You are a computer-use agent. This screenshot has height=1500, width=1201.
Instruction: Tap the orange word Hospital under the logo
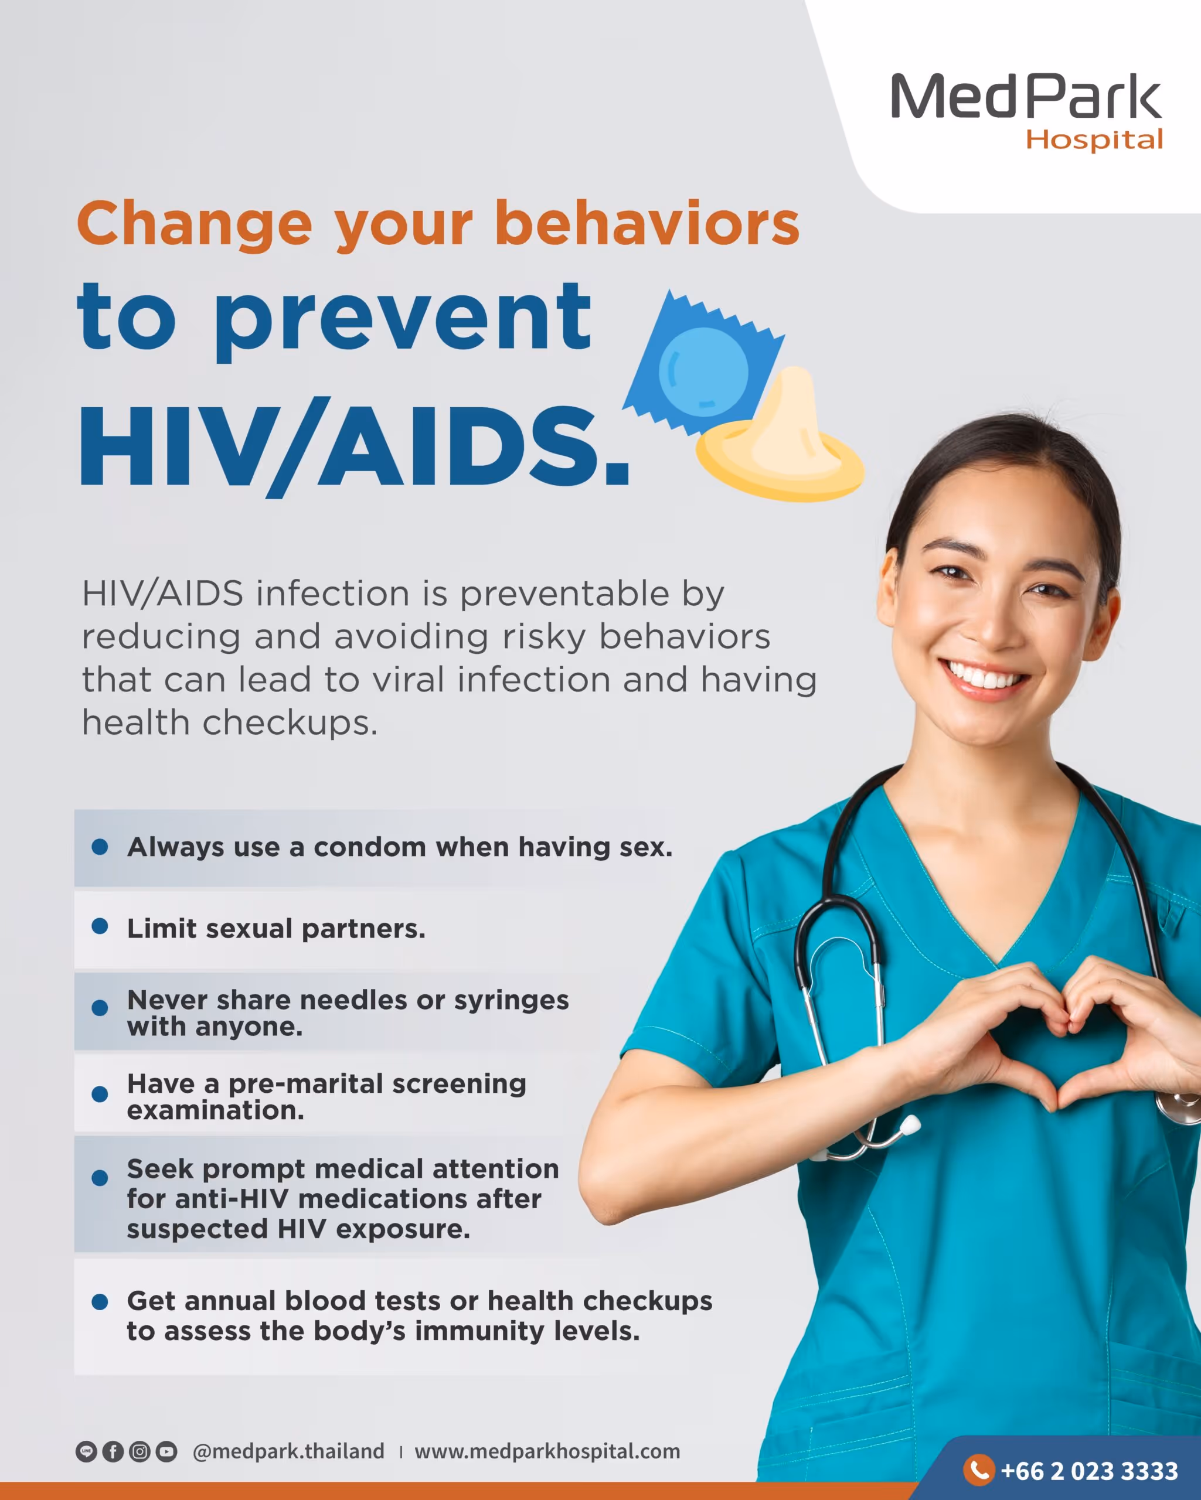(x=1094, y=140)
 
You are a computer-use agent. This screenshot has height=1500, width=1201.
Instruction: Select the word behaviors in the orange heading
(x=647, y=223)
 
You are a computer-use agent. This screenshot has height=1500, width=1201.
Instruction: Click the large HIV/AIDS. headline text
(x=355, y=446)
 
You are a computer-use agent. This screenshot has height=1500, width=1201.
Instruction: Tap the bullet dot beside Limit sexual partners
(x=100, y=926)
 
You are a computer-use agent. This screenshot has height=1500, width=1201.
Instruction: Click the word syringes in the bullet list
(x=512, y=1000)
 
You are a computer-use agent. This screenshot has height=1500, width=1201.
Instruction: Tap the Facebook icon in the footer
(x=113, y=1451)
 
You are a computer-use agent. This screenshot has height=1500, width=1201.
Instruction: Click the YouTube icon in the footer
(x=166, y=1451)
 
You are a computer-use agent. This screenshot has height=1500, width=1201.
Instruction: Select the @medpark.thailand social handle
(x=288, y=1451)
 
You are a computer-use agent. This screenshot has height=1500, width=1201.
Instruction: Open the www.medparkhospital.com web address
(x=547, y=1451)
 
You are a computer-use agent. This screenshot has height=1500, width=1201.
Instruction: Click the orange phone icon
(x=979, y=1470)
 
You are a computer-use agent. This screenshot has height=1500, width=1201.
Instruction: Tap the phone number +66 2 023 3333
(x=1090, y=1471)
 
